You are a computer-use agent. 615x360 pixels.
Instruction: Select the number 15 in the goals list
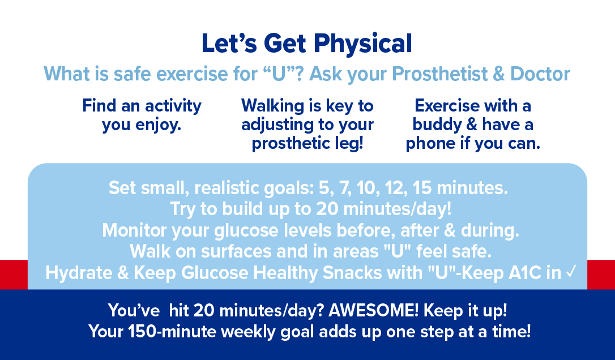pos(422,188)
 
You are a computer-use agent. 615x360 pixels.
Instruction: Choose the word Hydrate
pos(79,273)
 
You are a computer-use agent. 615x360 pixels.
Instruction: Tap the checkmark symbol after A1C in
pos(571,271)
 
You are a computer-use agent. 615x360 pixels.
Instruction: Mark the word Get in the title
pos(285,44)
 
